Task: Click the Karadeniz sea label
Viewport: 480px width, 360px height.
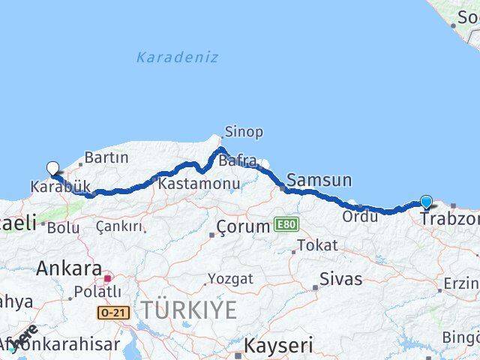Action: tap(178, 57)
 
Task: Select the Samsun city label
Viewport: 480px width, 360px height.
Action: tap(319, 180)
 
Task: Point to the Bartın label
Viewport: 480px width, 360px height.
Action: tap(106, 158)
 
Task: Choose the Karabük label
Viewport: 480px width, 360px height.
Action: tap(61, 186)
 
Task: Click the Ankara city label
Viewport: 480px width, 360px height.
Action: tap(69, 268)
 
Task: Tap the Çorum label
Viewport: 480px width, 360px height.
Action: tap(242, 226)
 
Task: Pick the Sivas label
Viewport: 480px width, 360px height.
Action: tap(340, 280)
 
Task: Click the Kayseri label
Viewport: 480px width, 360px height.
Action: tap(279, 345)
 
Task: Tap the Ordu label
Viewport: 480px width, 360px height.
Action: tap(360, 217)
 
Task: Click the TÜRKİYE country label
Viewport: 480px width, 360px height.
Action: tap(189, 309)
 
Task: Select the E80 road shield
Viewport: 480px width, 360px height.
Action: tap(286, 224)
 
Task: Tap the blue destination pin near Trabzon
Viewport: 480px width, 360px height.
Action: tap(426, 202)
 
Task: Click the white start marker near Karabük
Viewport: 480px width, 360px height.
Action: tap(52, 169)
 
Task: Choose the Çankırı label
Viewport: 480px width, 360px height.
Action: tap(119, 226)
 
